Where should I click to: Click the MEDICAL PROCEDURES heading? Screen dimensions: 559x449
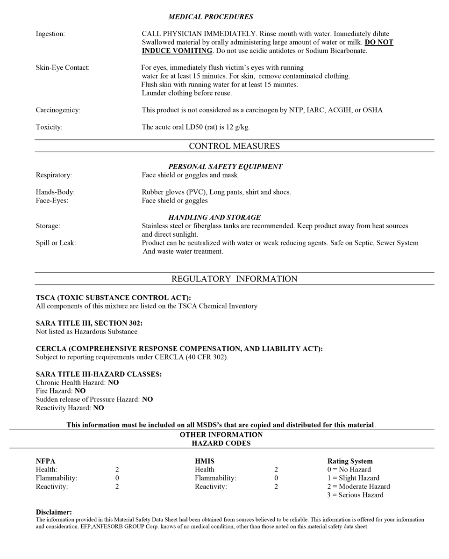tap(211, 17)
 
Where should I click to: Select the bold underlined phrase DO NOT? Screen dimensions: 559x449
tap(379, 42)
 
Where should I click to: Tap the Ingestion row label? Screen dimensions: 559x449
tap(50, 34)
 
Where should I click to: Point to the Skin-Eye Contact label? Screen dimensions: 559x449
tap(63, 67)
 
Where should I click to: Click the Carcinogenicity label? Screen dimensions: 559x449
tap(58, 110)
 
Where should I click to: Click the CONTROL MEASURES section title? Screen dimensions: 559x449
tap(234, 146)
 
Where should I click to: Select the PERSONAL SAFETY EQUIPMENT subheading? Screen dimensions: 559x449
tap(225, 167)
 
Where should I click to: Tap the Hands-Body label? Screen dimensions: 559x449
tap(55, 192)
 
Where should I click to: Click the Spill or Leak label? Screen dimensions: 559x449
tap(56, 243)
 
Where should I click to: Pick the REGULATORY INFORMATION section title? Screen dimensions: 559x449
tap(234, 279)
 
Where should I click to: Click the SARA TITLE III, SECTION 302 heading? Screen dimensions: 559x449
tap(89, 323)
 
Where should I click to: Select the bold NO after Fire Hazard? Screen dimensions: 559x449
tap(80, 391)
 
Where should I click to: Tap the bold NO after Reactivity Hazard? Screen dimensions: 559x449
tap(98, 408)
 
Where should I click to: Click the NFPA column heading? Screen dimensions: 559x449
tap(45, 461)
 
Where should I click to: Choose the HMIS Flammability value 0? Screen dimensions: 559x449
tap(276, 478)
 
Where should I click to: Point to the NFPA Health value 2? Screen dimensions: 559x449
tap(117, 470)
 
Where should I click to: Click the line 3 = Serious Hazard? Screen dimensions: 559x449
tap(355, 495)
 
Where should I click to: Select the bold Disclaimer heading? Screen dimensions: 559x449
tap(54, 512)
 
